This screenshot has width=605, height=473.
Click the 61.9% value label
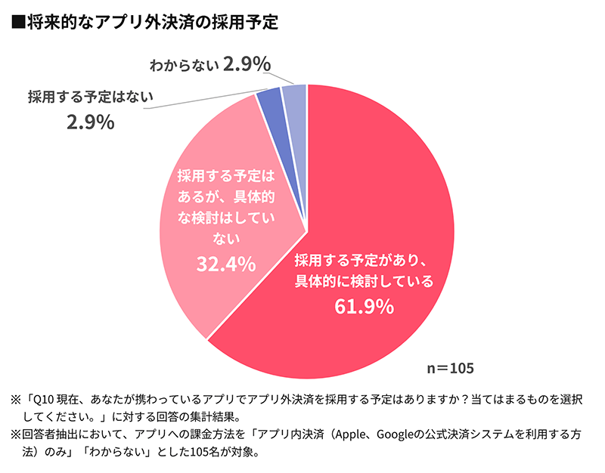point(364,306)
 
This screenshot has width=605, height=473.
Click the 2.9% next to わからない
point(247,65)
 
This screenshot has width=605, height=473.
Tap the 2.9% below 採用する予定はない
point(90,122)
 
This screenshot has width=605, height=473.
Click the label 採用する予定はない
point(91,96)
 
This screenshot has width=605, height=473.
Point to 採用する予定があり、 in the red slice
point(364,260)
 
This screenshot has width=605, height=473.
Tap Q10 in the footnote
point(45,398)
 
